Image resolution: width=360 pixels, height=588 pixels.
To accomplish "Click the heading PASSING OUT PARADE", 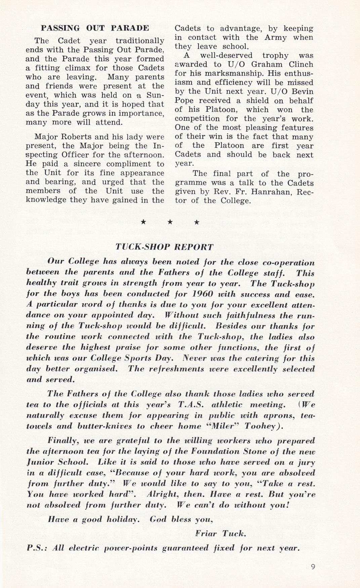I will (95, 28).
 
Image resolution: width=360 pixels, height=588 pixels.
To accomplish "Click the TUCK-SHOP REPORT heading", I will (164, 247).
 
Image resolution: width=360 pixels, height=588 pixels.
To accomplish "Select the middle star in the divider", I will (170, 222).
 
